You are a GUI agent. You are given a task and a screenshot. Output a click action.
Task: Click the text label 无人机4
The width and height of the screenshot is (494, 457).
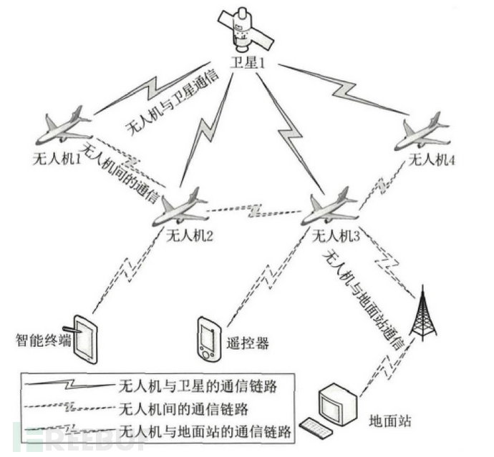pos(431,161)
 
